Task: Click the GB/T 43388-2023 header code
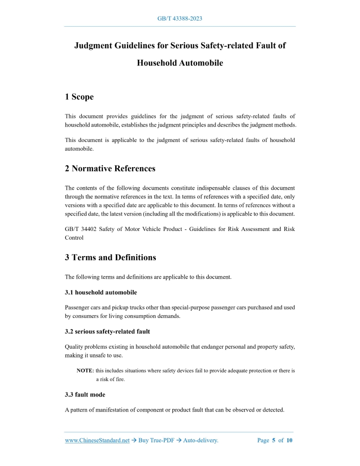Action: pyautogui.click(x=179, y=19)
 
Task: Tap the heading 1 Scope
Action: pyautogui.click(x=79, y=97)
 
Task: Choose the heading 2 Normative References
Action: pyautogui.click(x=110, y=168)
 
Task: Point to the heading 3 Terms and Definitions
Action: pyautogui.click(x=111, y=257)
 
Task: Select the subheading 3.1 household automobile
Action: pyautogui.click(x=101, y=292)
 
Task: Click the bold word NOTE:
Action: pyautogui.click(x=85, y=370)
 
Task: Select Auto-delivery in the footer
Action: pyautogui.click(x=201, y=440)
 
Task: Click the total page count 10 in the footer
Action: pyautogui.click(x=290, y=440)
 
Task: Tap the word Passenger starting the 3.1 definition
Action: pyautogui.click(x=78, y=308)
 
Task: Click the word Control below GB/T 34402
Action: pyautogui.click(x=74, y=238)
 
